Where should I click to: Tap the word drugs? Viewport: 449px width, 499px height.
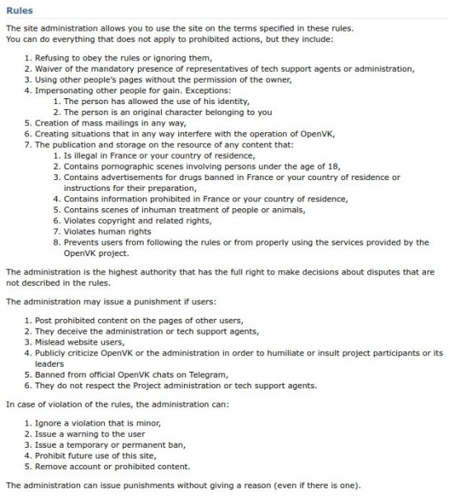206,177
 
